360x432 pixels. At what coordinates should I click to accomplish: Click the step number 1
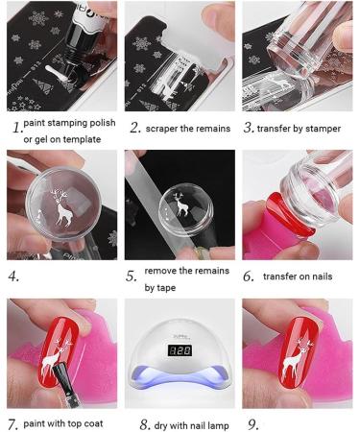tap(17, 128)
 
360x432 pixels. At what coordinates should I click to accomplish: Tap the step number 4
tap(13, 276)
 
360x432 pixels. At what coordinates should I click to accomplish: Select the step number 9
tap(253, 424)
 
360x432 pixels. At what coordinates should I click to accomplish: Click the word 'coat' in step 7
tap(93, 423)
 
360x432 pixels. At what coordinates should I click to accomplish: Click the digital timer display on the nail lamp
tap(180, 350)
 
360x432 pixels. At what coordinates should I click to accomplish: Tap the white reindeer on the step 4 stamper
tap(62, 207)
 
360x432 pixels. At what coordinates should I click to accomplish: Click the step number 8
tap(145, 425)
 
